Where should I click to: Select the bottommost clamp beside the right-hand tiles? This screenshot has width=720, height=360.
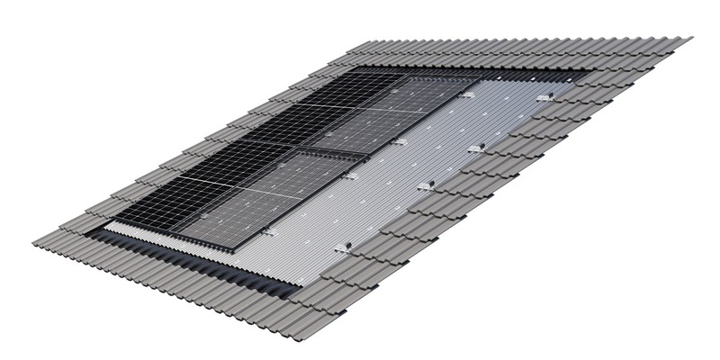[x=343, y=245]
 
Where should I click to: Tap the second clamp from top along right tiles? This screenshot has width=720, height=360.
[x=477, y=146]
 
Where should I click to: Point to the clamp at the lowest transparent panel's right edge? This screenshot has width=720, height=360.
[x=270, y=233]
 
